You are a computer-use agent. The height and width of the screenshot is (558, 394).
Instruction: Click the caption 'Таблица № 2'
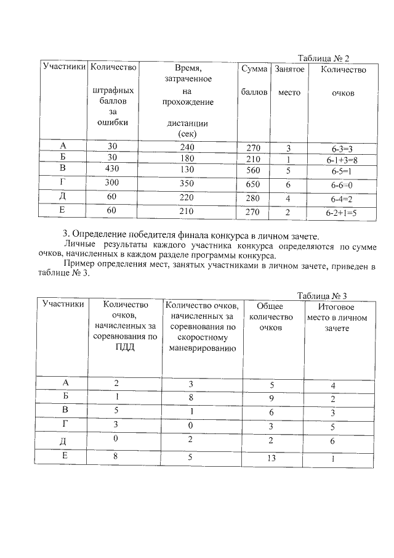[324, 59]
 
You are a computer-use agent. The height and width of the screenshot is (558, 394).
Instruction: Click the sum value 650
[254, 184]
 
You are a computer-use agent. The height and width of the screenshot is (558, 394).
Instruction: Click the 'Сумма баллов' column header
[254, 81]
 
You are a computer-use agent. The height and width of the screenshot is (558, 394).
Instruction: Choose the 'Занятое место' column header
[289, 81]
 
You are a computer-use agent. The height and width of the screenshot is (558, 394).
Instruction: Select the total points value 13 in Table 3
[267, 458]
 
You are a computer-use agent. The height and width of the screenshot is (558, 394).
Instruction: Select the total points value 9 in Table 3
[267, 398]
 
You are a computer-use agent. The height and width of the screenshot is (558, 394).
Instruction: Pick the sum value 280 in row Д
[254, 199]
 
